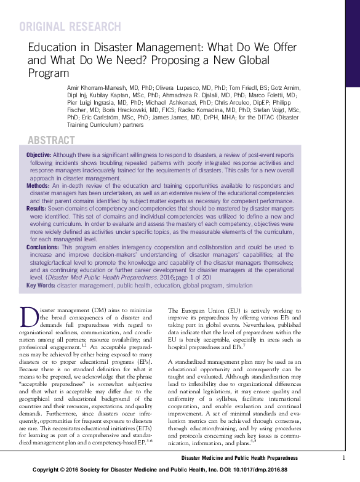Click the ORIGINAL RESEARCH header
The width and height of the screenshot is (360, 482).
tap(70, 27)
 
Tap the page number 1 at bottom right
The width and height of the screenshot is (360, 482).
tap(343, 457)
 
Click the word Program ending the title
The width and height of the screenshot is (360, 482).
tap(50, 73)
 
